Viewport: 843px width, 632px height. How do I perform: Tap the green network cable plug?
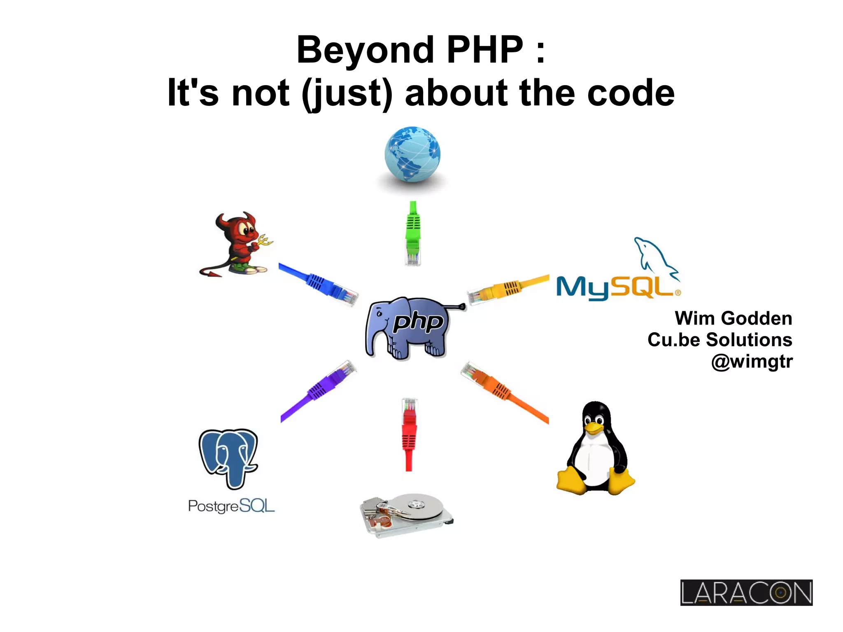413,233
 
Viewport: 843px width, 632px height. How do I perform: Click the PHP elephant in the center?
412,327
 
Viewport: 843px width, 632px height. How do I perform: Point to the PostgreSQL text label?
231,506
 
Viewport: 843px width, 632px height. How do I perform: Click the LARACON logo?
746,592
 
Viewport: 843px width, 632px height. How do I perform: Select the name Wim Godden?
733,318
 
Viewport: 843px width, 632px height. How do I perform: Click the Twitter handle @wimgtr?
752,361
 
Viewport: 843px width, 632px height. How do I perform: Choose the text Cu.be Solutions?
720,340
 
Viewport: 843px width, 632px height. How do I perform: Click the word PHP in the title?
485,50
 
